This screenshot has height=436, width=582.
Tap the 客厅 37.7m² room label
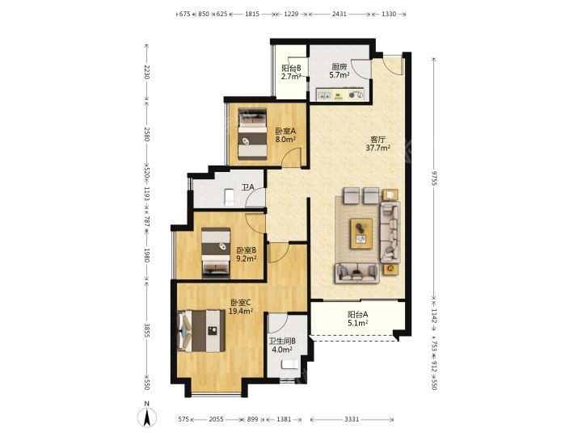pyautogui.click(x=377, y=144)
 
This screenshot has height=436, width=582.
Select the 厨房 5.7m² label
pyautogui.click(x=339, y=71)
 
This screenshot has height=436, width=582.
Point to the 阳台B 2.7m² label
pyautogui.click(x=291, y=73)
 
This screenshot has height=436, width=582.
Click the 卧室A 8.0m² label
pyautogui.click(x=285, y=136)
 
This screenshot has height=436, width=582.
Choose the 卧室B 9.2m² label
pyautogui.click(x=247, y=254)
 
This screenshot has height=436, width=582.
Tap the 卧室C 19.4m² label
pyautogui.click(x=241, y=307)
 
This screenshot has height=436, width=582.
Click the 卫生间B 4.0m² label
pyautogui.click(x=282, y=346)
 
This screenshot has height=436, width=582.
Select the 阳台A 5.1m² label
pyautogui.click(x=358, y=318)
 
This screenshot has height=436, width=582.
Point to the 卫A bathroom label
pyautogui.click(x=248, y=187)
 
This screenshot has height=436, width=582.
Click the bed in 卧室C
pyautogui.click(x=201, y=331)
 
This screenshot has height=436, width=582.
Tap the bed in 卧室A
pyautogui.click(x=252, y=134)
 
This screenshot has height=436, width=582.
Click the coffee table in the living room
pyautogui.click(x=361, y=233)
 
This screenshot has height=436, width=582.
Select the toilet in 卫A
pyautogui.click(x=230, y=196)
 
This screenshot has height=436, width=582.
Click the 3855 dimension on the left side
pyautogui.click(x=146, y=330)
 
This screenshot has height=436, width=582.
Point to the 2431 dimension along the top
pyautogui.click(x=339, y=14)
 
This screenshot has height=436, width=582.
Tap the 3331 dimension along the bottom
pyautogui.click(x=352, y=419)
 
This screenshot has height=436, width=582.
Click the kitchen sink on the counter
pyautogui.click(x=324, y=95)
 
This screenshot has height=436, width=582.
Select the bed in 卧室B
pyautogui.click(x=216, y=253)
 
